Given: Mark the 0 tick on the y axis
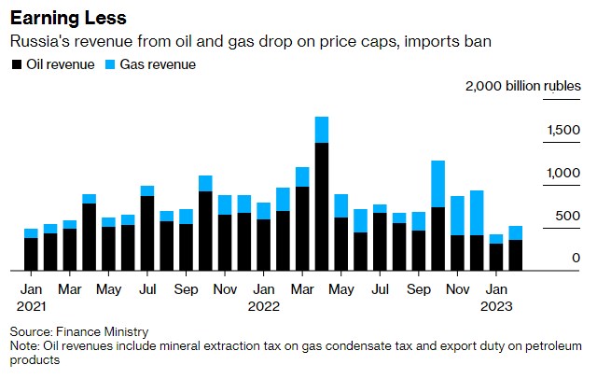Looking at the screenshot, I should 576,259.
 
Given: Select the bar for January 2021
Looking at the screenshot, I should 31,250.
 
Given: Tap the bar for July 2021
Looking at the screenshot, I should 147,229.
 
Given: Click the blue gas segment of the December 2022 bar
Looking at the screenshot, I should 477,213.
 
